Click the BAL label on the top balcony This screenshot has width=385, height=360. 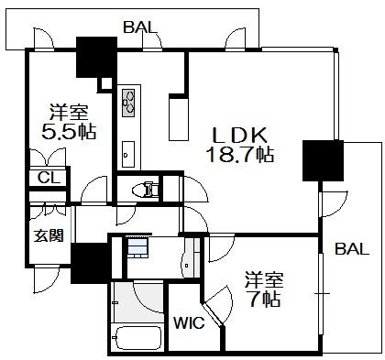point(140,27)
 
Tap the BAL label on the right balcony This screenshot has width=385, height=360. point(352,249)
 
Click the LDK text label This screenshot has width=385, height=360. point(240,136)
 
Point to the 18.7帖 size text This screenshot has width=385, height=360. point(240,154)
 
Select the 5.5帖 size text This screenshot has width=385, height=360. point(69,132)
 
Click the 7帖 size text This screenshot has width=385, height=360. point(265,299)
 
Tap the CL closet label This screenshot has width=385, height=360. point(49,178)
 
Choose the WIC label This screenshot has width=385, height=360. point(189,322)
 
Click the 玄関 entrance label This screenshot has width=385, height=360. point(49,235)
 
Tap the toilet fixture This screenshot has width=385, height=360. point(146,190)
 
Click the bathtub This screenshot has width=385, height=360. point(137,338)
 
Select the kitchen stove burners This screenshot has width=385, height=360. point(128,103)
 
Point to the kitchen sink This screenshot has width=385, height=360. point(128,154)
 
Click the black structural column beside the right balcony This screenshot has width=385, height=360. point(323,160)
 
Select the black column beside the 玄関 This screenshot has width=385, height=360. point(92,263)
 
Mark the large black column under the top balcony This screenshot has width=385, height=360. point(96,57)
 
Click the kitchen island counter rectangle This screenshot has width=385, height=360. point(179,119)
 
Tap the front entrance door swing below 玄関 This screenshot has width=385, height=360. point(46,279)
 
